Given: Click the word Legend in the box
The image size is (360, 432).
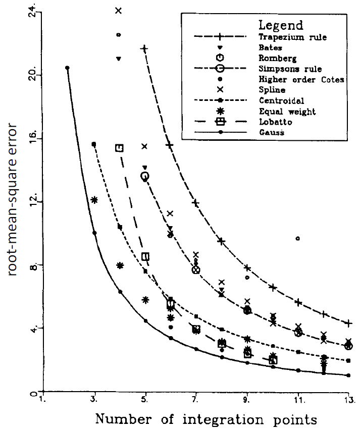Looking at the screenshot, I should (280, 25).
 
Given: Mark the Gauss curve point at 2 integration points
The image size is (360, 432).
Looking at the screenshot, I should (67, 68).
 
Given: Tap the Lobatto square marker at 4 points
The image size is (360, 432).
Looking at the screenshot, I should (119, 148).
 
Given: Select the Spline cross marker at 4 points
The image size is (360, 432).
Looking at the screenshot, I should (119, 11).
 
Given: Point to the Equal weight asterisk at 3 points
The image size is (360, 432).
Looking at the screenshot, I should (94, 200).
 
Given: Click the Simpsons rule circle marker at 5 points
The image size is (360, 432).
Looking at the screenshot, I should (144, 176).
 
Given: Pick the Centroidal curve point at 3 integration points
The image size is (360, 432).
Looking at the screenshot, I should (94, 144).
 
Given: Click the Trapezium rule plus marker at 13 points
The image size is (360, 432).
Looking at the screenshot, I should (349, 323).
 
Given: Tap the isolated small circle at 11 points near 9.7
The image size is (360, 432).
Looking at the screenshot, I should (298, 238).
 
